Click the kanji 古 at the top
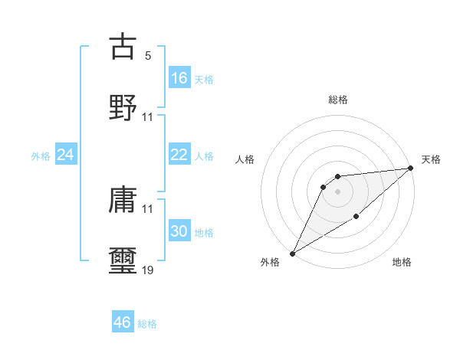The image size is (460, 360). click(123, 47)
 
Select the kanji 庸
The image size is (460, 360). click(123, 201)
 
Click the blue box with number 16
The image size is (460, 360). click(179, 78)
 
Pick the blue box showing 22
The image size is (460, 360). click(179, 155)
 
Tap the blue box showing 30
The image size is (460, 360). click(179, 231)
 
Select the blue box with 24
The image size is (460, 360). click(66, 155)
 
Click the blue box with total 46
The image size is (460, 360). click(123, 322)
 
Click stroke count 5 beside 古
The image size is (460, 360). click(148, 56)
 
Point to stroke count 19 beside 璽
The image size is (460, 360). click(148, 270)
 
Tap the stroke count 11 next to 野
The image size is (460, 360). click(148, 117)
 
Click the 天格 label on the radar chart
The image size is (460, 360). click(431, 159)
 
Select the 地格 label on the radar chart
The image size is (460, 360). click(402, 263)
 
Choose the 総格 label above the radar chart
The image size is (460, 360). click(338, 100)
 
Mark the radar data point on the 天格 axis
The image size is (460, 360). click(411, 169)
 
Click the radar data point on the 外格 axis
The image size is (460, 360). click(292, 253)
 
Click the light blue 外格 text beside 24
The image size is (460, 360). click(41, 156)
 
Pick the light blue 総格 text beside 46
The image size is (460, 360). click(147, 324)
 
